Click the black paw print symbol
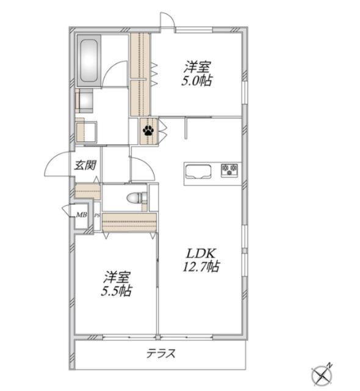point(148,130)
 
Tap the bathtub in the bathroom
point(89,61)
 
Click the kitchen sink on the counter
point(198,172)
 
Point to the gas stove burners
point(229,170)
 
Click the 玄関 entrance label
point(85,166)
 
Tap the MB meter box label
point(81,214)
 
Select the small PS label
point(97,216)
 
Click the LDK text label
point(201,254)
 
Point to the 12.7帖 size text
point(201,267)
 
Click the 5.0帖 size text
point(196,81)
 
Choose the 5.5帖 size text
point(117,291)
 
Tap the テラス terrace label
point(160,354)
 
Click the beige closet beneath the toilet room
point(129,222)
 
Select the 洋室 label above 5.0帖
point(197,67)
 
